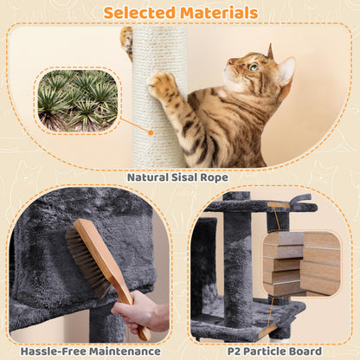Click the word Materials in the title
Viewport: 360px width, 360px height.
coord(220,12)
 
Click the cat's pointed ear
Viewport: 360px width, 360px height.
coord(285,69)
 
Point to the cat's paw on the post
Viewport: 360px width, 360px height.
coord(161,85)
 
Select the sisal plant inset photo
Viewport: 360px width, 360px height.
coord(79,100)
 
